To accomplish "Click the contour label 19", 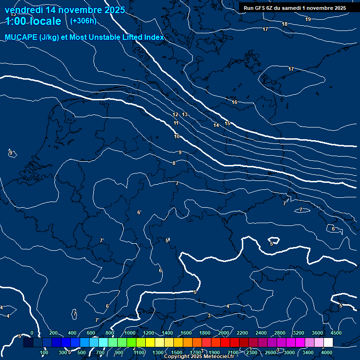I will pyautogui.click(x=307, y=19).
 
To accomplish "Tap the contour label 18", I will pyautogui.click(x=285, y=24).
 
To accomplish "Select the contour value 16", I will pyautogui.click(x=234, y=102).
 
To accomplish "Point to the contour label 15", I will pyautogui.click(x=227, y=123).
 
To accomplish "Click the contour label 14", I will pyautogui.click(x=216, y=125).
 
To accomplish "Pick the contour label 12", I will pyautogui.click(x=175, y=114).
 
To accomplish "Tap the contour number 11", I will pyautogui.click(x=176, y=123).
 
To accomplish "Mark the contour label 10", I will pyautogui.click(x=177, y=136).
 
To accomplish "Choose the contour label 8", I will pyautogui.click(x=174, y=163).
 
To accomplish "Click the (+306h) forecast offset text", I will pyautogui.click(x=83, y=21).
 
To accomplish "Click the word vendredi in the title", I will pyautogui.click(x=24, y=10).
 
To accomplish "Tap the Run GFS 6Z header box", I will pyautogui.click(x=294, y=8).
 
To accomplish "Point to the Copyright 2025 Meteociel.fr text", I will pyautogui.click(x=199, y=357).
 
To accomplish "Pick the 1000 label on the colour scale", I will pyautogui.click(x=130, y=333).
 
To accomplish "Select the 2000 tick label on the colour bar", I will pyautogui.click(x=223, y=333).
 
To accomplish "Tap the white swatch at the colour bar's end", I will pyautogui.click(x=328, y=342).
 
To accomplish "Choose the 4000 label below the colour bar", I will pyautogui.click(x=327, y=352).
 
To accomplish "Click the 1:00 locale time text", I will pyautogui.click(x=33, y=21).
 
